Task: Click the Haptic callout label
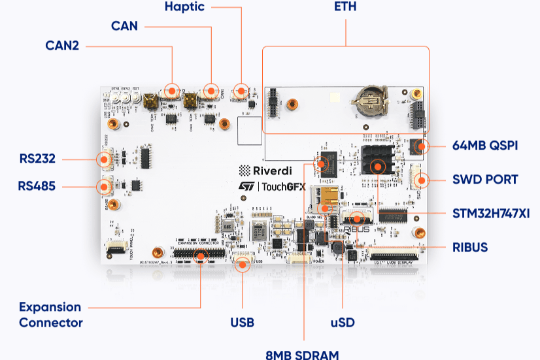tap(184, 7)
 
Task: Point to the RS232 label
tap(37, 159)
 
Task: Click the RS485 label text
tap(37, 186)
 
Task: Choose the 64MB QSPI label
tap(484, 146)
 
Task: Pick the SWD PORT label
tap(485, 180)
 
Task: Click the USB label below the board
tap(242, 323)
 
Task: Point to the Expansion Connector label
tap(50, 315)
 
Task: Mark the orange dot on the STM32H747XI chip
tap(377, 166)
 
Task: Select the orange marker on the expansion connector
tap(200, 255)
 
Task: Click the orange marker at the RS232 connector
tap(103, 159)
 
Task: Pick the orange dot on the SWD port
tap(422, 180)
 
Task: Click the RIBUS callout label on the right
tap(471, 247)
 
